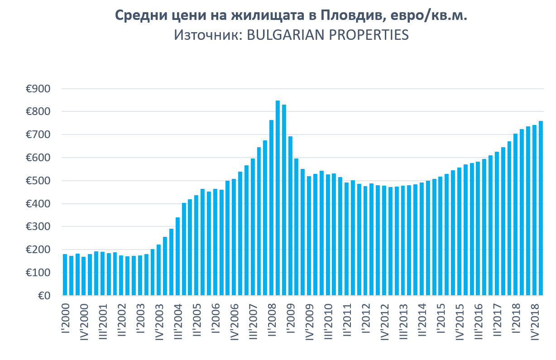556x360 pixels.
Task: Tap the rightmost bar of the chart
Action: click(x=541, y=208)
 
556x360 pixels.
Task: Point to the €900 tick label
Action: click(x=38, y=89)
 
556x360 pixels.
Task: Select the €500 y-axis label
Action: click(x=38, y=181)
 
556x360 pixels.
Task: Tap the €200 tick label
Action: click(x=38, y=250)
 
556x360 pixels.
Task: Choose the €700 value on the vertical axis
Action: click(x=38, y=135)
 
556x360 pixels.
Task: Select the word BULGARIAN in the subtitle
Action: click(x=277, y=35)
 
